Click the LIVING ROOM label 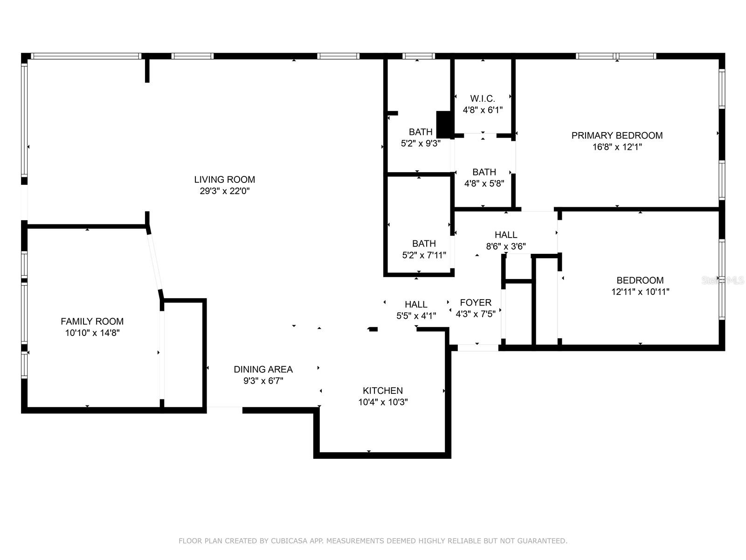click(x=224, y=179)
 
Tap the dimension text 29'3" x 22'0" click(x=224, y=191)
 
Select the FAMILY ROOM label click(x=92, y=321)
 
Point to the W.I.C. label click(x=483, y=98)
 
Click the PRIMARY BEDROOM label click(x=617, y=135)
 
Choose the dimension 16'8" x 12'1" click(x=617, y=147)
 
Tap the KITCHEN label click(x=382, y=391)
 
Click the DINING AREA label click(x=263, y=369)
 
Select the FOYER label click(x=475, y=302)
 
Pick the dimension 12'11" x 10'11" click(x=640, y=292)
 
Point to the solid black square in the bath click(x=444, y=124)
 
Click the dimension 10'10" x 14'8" click(x=92, y=333)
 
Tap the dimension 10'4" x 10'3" click(x=382, y=402)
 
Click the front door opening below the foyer click(x=478, y=348)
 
